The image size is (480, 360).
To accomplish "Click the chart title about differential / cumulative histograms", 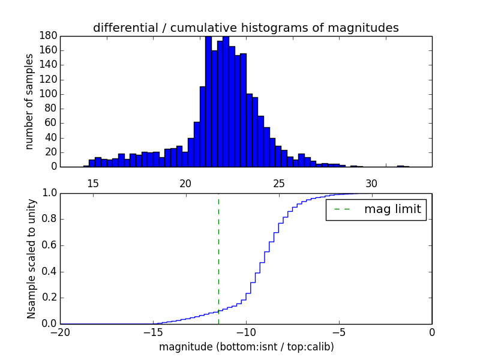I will (x=245, y=28).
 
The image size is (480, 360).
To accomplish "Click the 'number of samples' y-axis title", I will (x=29, y=101).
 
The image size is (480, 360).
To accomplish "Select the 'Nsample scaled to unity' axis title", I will (x=31, y=259).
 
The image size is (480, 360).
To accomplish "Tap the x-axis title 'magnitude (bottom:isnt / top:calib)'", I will (x=246, y=347).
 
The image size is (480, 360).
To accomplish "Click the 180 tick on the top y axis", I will (x=48, y=36).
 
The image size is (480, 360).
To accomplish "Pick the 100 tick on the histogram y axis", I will (x=48, y=94).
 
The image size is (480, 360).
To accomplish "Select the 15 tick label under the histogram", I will (x=92, y=184).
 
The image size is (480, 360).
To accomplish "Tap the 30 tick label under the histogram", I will (x=371, y=184).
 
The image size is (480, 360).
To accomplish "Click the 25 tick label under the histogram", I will (x=278, y=184).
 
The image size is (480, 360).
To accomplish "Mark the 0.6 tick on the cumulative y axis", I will (x=49, y=245).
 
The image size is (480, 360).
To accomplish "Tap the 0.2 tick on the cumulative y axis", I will (x=49, y=298).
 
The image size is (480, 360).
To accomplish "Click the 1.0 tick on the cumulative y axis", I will (x=49, y=193).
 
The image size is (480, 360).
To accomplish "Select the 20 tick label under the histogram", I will (x=185, y=184).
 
